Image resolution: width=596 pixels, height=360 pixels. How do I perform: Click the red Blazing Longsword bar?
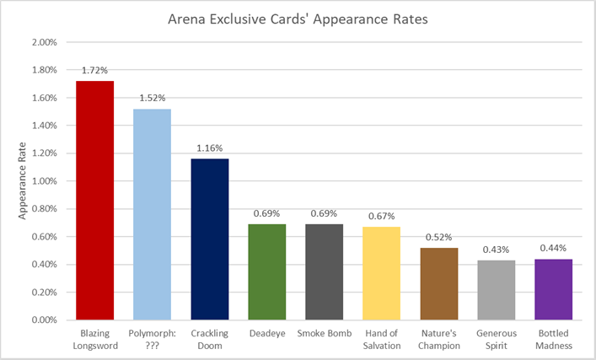(x=94, y=201)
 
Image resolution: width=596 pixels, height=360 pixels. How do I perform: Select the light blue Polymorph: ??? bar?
(x=152, y=214)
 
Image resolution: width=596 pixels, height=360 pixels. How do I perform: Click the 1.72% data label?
(x=94, y=70)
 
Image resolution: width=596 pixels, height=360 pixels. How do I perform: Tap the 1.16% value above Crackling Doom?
(x=209, y=148)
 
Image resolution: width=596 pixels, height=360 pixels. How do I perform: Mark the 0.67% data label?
(x=381, y=216)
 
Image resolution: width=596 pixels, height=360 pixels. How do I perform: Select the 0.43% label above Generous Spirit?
(x=496, y=250)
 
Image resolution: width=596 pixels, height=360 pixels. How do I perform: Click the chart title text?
(x=298, y=19)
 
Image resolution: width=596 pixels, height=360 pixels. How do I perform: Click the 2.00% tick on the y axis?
(x=44, y=42)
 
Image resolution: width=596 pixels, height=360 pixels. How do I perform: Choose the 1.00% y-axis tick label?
(x=44, y=181)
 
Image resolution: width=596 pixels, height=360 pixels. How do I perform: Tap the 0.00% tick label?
(x=44, y=320)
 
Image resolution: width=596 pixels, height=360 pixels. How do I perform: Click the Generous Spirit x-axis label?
(x=496, y=339)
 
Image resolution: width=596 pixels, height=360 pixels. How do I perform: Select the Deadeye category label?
(x=266, y=333)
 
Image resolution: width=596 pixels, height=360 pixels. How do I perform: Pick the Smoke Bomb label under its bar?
(x=324, y=333)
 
